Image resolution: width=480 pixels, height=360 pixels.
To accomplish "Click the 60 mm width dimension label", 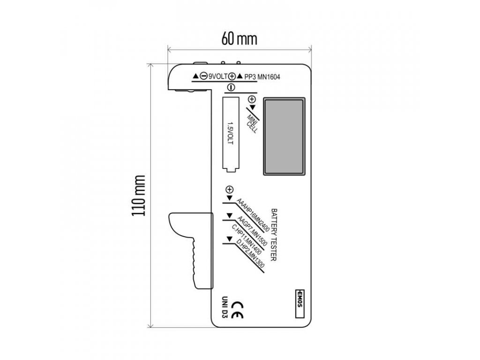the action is [240, 39].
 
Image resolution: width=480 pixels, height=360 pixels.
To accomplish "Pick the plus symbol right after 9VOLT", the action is [232, 76].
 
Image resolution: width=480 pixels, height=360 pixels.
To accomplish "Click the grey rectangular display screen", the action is [284, 135].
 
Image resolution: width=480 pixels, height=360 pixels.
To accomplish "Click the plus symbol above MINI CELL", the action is [252, 99].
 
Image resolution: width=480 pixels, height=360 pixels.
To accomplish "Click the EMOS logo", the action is [300, 300].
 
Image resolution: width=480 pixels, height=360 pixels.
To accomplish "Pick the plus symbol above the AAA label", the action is [229, 190].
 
